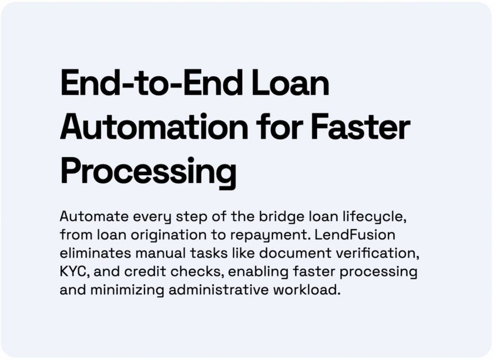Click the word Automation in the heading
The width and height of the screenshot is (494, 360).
pyautogui.click(x=154, y=127)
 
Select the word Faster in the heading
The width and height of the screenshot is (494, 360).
pyautogui.click(x=360, y=127)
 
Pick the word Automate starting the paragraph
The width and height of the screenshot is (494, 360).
pyautogui.click(x=94, y=217)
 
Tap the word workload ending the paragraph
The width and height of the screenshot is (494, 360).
pyautogui.click(x=307, y=290)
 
